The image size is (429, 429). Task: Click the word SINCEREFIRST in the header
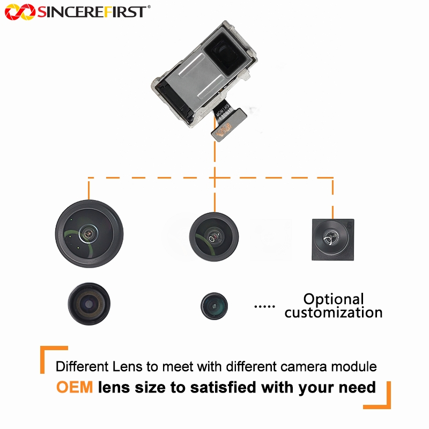91,11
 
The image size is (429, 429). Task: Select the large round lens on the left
89,233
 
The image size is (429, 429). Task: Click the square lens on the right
332,239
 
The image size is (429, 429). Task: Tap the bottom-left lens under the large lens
88,304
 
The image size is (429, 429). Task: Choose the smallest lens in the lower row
214,306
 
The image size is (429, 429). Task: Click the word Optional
334,299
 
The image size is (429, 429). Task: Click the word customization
334,313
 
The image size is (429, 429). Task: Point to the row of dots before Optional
263,306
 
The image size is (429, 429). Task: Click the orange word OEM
75,387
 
